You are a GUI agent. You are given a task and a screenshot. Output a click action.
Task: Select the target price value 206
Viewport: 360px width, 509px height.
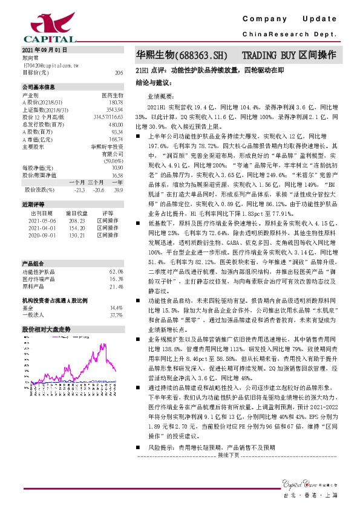(119, 72)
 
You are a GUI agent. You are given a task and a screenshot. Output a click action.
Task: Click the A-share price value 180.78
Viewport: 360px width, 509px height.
(115, 102)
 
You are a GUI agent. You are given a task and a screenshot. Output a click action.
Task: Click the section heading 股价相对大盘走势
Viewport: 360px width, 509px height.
(46, 329)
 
